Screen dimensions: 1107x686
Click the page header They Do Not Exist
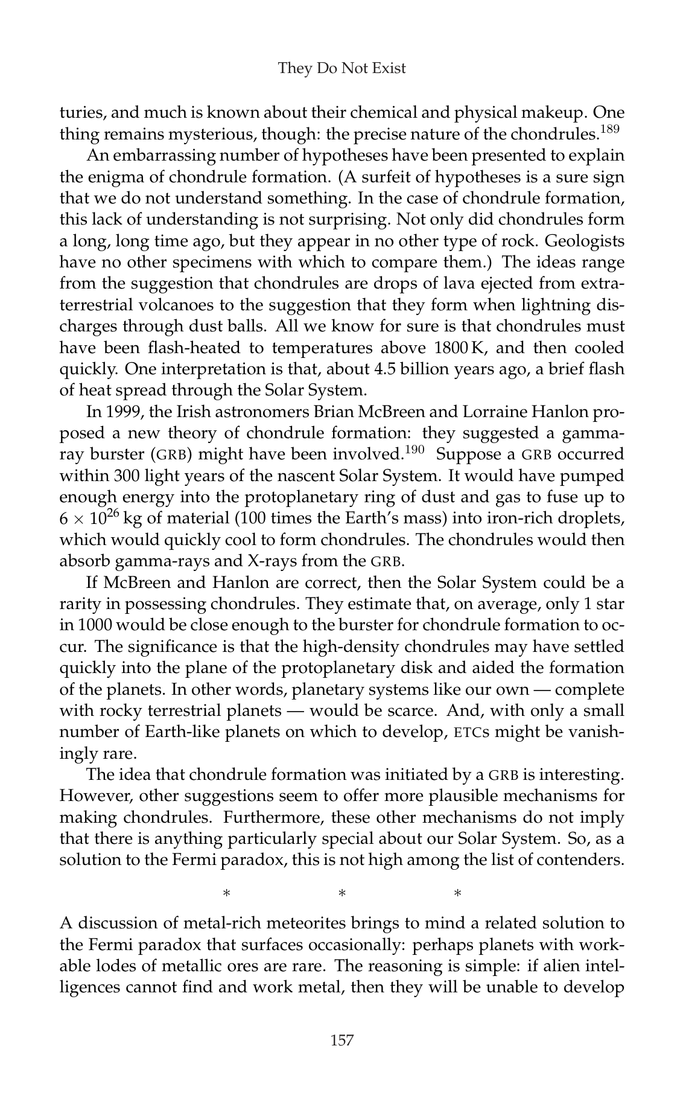coord(341,68)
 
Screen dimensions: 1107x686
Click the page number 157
coord(341,1039)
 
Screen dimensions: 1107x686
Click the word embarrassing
coord(171,156)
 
